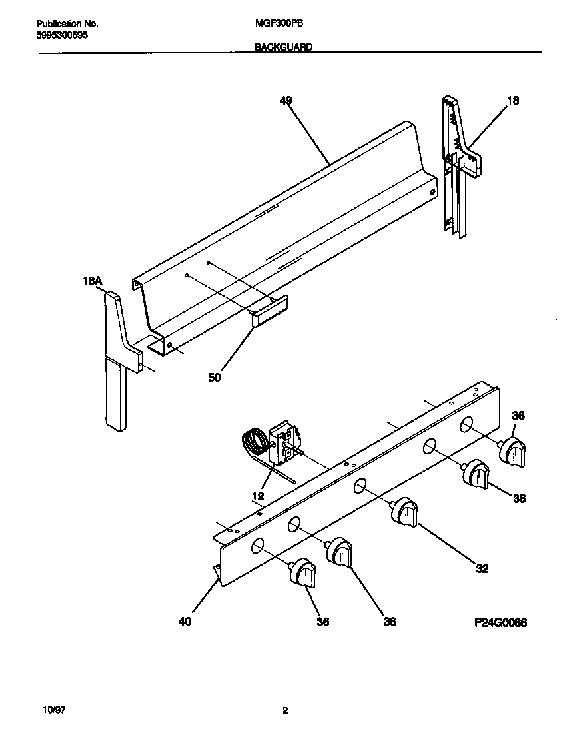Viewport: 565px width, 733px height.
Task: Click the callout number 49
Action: tap(285, 101)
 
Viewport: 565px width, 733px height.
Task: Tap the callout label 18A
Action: tap(91, 282)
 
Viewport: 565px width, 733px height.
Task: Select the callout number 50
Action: tap(214, 378)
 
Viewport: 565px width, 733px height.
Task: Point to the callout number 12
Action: tap(258, 496)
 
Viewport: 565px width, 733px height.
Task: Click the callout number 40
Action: tap(185, 622)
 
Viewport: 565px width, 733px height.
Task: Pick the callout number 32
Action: tap(482, 568)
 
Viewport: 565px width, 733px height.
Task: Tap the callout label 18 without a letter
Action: tap(512, 101)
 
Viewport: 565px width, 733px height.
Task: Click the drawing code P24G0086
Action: tap(500, 622)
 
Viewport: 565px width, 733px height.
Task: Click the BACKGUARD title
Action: tap(284, 47)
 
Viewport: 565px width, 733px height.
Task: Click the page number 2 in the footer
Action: tap(284, 710)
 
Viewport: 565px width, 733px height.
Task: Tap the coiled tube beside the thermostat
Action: tap(252, 440)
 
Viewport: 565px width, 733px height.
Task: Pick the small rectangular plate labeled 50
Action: tap(270, 311)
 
